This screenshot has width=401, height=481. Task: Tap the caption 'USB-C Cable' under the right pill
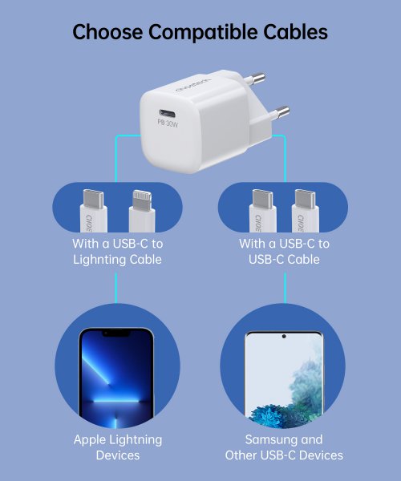(x=284, y=260)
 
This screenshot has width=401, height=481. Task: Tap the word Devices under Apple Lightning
(x=117, y=455)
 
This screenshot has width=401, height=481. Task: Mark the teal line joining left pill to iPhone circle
(x=117, y=287)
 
